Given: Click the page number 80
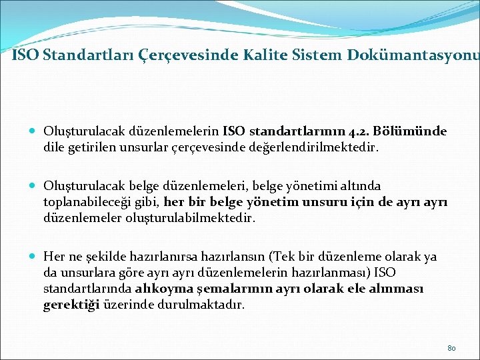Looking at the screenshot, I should click(451, 348).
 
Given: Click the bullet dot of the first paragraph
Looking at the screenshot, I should click(33, 131).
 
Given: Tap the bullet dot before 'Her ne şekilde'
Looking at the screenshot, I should click(33, 257).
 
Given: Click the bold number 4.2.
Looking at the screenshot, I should click(360, 131).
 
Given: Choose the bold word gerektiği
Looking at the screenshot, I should click(70, 305).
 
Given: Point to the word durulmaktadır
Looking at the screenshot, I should click(203, 305).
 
